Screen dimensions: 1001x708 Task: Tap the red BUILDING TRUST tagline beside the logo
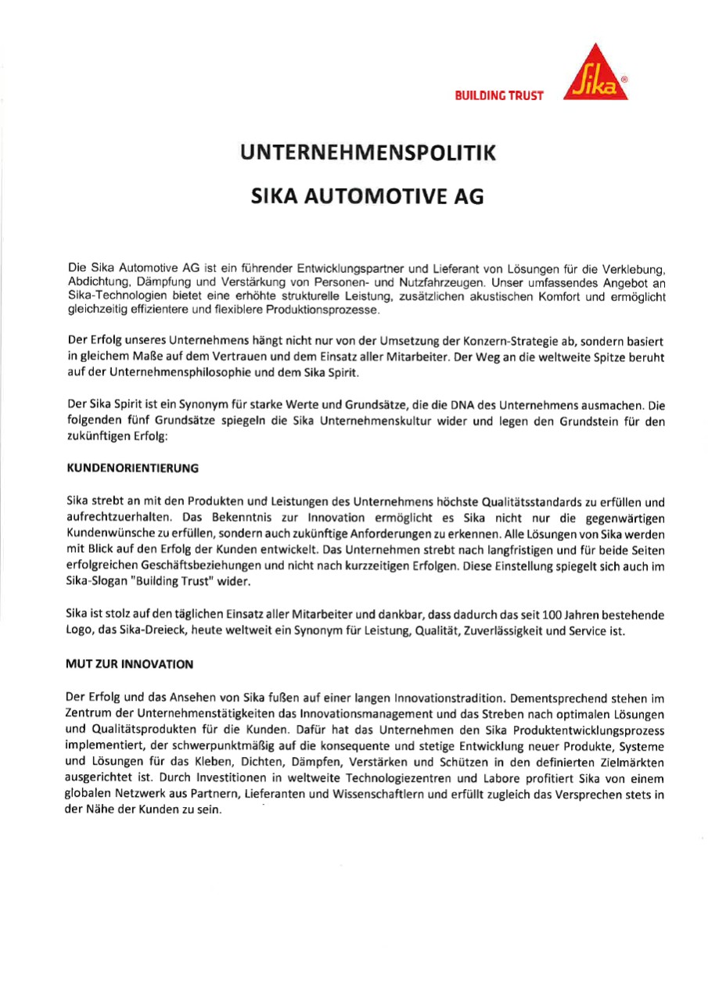point(498,95)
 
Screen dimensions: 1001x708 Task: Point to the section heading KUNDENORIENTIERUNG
point(133,468)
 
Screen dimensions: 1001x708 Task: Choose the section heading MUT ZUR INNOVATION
point(130,664)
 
